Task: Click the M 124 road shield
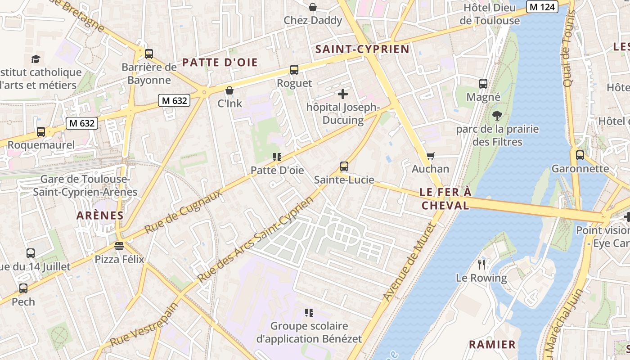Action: click(x=542, y=7)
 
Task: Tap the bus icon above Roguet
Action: click(x=294, y=70)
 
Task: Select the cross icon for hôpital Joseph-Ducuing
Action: click(x=343, y=94)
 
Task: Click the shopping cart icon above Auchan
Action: click(x=431, y=156)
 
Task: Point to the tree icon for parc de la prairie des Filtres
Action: click(x=497, y=116)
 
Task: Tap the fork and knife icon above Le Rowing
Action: click(x=481, y=264)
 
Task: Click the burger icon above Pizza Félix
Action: click(x=119, y=246)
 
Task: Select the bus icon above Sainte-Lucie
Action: click(x=344, y=166)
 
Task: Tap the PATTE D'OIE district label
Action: click(x=220, y=63)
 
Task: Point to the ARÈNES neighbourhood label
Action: click(x=100, y=215)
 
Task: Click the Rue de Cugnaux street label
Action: click(x=184, y=211)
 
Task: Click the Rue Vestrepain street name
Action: click(x=144, y=325)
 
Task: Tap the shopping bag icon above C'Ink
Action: click(x=229, y=90)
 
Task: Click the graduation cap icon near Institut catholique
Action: click(x=36, y=59)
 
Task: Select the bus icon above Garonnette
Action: click(x=580, y=155)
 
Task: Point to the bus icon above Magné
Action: click(x=483, y=83)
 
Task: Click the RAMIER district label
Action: click(x=492, y=345)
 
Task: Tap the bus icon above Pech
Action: click(x=23, y=288)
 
